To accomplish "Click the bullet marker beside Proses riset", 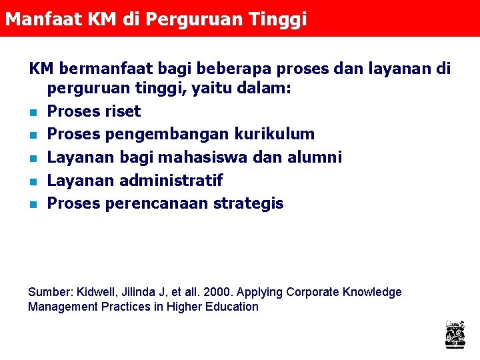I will pyautogui.click(x=31, y=112).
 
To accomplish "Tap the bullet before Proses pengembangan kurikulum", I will pyautogui.click(x=31, y=135).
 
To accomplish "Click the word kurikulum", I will pyautogui.click(x=274, y=134).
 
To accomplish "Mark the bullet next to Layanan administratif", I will pyautogui.click(x=31, y=181).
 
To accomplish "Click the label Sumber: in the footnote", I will pyautogui.click(x=51, y=292).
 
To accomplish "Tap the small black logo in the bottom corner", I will pyautogui.click(x=455, y=334).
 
